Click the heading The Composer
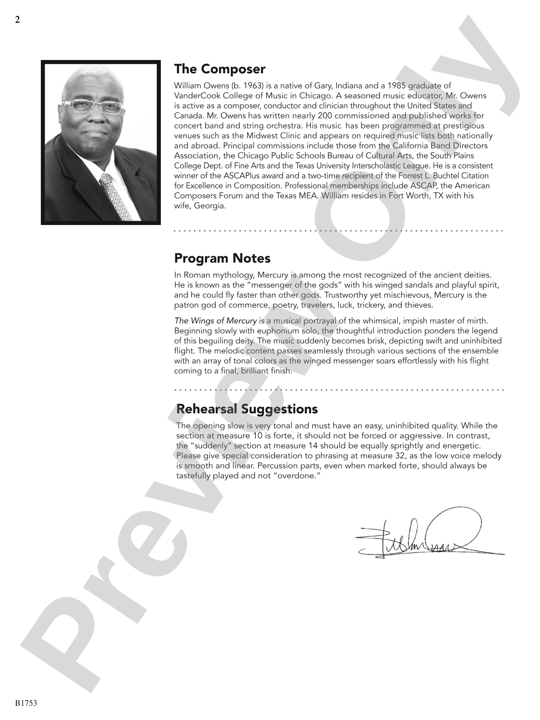220,69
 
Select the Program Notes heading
222,258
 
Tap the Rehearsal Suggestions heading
247,409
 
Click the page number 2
17,20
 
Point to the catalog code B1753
26,703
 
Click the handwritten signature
429,535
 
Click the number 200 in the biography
325,116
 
